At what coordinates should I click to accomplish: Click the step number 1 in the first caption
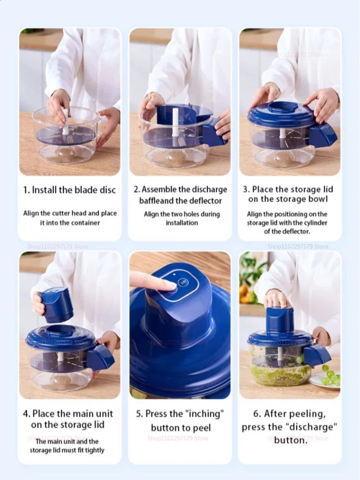click(x=26, y=190)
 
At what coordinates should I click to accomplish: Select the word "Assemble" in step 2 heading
click(x=159, y=190)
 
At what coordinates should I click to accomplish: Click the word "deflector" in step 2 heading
click(x=206, y=201)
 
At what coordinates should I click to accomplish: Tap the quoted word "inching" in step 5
click(x=205, y=413)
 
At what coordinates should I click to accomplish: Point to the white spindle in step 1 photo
click(x=65, y=122)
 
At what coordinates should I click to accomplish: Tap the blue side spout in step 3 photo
click(x=323, y=136)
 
